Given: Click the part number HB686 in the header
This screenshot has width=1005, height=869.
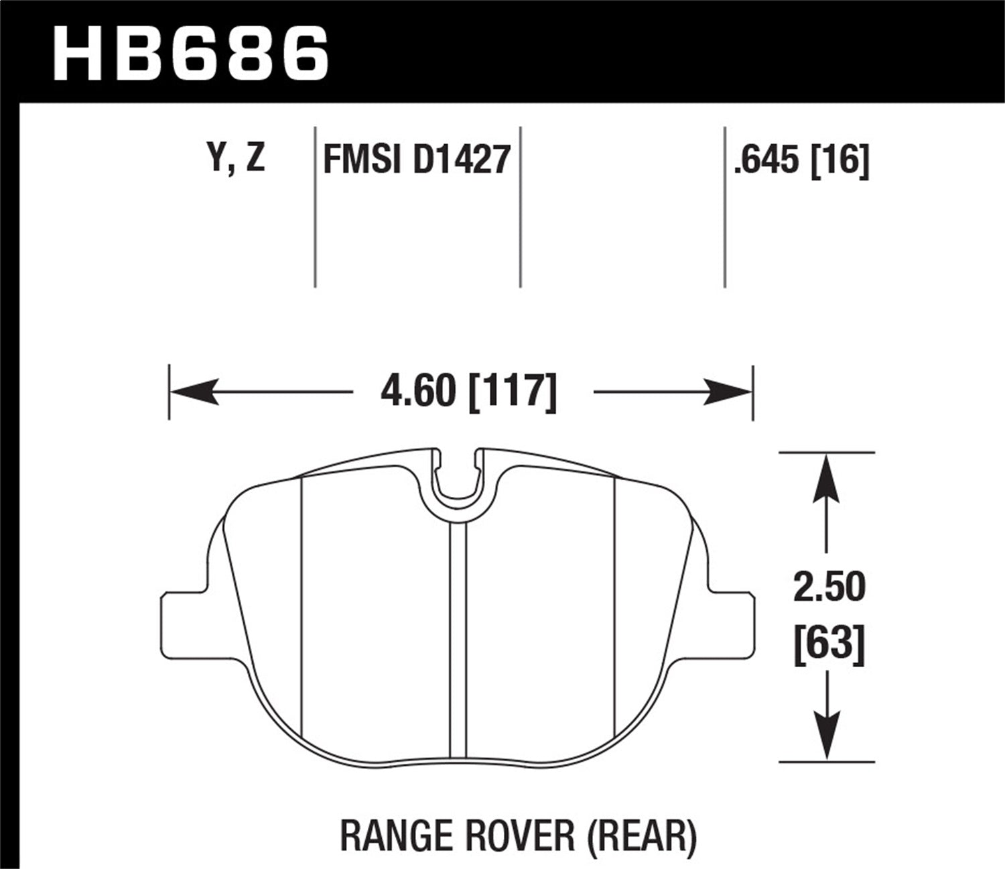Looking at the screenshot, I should (x=191, y=52).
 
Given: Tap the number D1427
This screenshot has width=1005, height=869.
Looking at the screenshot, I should (x=462, y=160).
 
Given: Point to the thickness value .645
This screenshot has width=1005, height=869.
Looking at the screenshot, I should (x=766, y=160).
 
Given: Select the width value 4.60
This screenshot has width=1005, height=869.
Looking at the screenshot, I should (x=417, y=392).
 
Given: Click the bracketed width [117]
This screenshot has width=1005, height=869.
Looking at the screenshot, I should (x=513, y=392).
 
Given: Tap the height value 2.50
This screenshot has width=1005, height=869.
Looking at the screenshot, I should (x=829, y=587).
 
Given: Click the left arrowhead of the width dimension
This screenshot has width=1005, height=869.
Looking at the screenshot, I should (x=194, y=392).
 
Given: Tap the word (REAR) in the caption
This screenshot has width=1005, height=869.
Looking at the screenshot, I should (x=639, y=835).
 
